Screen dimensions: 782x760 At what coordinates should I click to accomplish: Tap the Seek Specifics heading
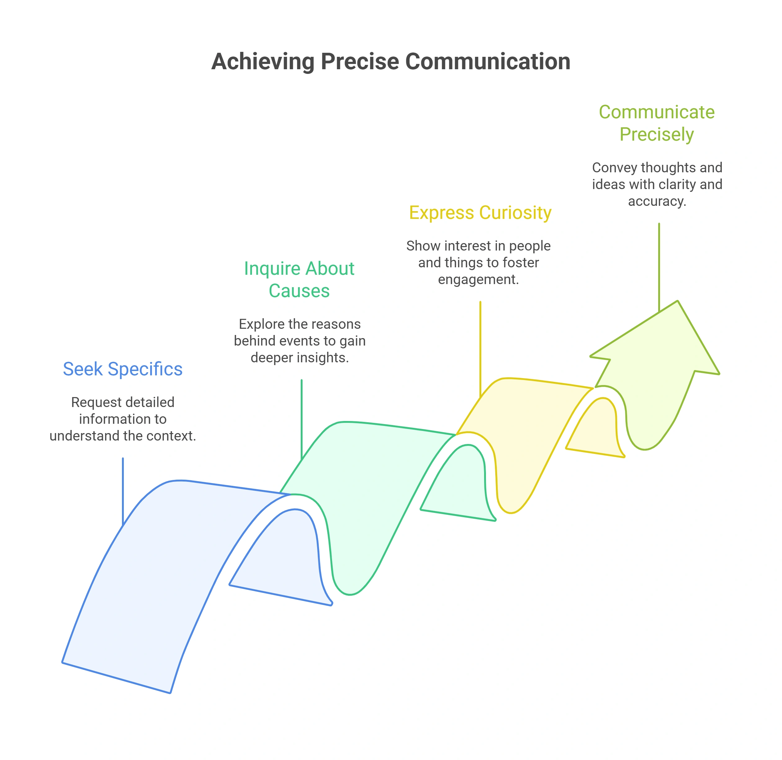click(x=123, y=369)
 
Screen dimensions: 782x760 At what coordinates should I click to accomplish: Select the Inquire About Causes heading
click(x=299, y=279)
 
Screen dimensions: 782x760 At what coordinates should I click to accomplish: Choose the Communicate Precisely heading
click(x=657, y=123)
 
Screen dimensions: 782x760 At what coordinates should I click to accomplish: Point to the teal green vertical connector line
click(x=302, y=419)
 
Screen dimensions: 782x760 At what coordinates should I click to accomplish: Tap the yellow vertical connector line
click(x=480, y=349)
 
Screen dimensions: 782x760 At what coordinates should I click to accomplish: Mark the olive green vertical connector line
click(x=659, y=267)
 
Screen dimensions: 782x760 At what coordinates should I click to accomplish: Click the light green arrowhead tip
click(x=677, y=301)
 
